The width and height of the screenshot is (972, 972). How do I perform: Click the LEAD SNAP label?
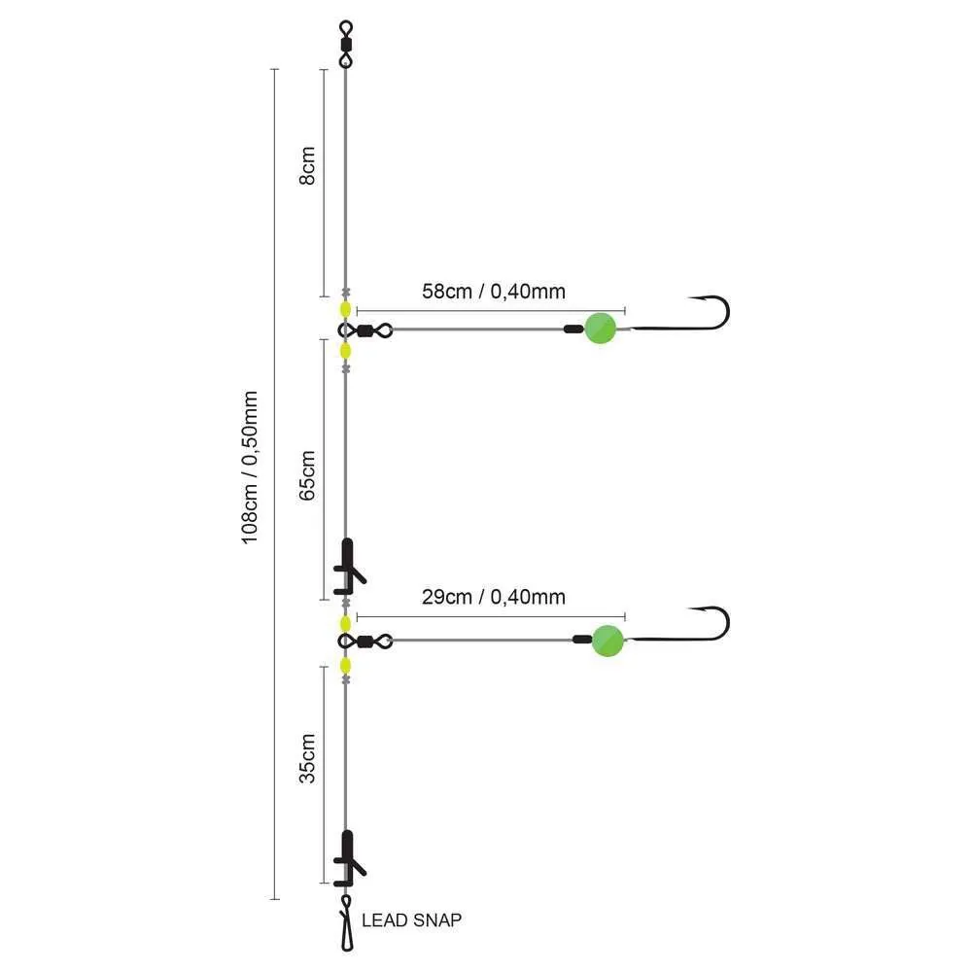coord(411,920)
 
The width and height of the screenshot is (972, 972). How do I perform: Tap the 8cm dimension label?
coord(307,166)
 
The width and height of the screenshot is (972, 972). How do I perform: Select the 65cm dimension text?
coord(307,473)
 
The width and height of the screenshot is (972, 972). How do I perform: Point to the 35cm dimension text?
coord(307,759)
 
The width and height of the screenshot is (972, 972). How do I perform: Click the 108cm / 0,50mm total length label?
coord(250,468)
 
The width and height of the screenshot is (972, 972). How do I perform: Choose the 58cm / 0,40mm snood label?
coord(494,290)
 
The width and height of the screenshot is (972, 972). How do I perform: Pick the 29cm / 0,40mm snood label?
coord(494,597)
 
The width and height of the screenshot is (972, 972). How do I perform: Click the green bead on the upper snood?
coord(600,329)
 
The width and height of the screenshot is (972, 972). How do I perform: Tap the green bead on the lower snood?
coord(607,640)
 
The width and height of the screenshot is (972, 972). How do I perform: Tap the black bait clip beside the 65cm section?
coord(348,567)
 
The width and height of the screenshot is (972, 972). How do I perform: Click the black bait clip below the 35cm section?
coord(348,858)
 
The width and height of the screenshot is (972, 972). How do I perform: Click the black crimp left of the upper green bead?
coord(573,330)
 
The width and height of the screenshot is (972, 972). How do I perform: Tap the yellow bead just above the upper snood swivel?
coord(345,310)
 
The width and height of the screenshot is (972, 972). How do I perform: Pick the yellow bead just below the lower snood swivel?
coord(345,666)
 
